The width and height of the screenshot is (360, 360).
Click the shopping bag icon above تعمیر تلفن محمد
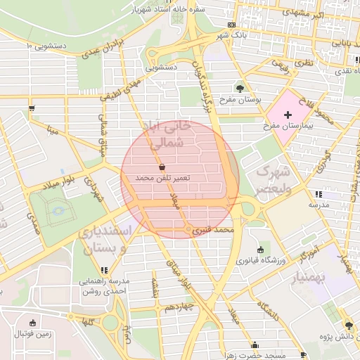[x=163, y=168]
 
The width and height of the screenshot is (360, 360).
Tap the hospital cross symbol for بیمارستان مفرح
[x=288, y=114]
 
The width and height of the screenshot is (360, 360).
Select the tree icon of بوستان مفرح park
[x=240, y=89]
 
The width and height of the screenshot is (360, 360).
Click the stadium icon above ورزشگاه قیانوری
[x=261, y=250]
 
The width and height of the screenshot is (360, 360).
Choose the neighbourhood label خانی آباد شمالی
[x=169, y=135]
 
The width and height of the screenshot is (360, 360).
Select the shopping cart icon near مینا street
[x=32, y=108]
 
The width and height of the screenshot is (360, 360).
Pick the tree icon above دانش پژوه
[x=347, y=325]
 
